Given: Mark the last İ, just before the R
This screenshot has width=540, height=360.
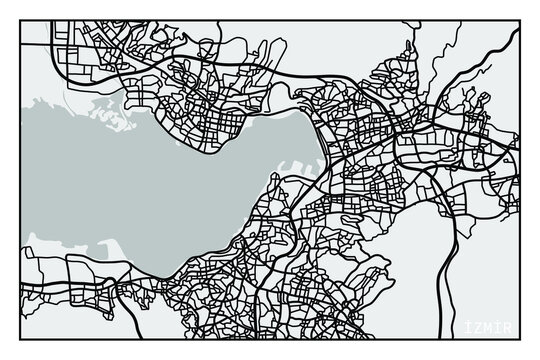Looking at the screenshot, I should tap(505, 329).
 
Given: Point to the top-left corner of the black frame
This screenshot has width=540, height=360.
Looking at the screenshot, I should tap(21, 19).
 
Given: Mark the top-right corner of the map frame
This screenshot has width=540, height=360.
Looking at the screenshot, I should tap(520, 19).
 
